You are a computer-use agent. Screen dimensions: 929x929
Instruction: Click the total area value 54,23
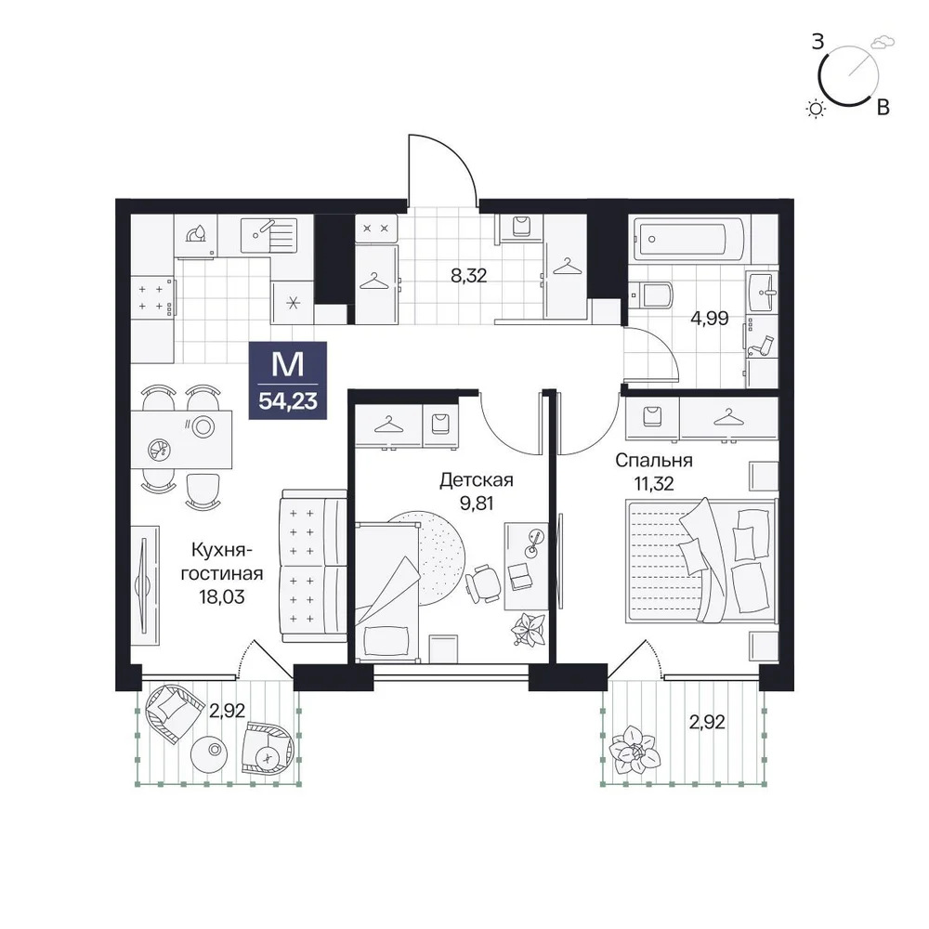288,401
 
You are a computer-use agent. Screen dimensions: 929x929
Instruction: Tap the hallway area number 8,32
468,276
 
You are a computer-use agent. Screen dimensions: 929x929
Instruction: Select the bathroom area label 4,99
710,318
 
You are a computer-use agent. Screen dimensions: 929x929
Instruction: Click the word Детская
477,479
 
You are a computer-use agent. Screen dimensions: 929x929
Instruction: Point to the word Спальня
653,460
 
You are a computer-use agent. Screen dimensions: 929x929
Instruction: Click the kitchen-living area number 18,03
222,596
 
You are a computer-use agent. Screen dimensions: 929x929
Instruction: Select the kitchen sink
268,235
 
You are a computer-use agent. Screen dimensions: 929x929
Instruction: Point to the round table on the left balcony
209,752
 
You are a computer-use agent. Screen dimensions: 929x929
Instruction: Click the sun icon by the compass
816,109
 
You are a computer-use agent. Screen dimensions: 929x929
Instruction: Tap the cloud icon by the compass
883,42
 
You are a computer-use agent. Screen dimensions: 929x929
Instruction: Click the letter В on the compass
883,107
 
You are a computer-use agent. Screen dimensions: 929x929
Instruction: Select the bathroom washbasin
762,292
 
